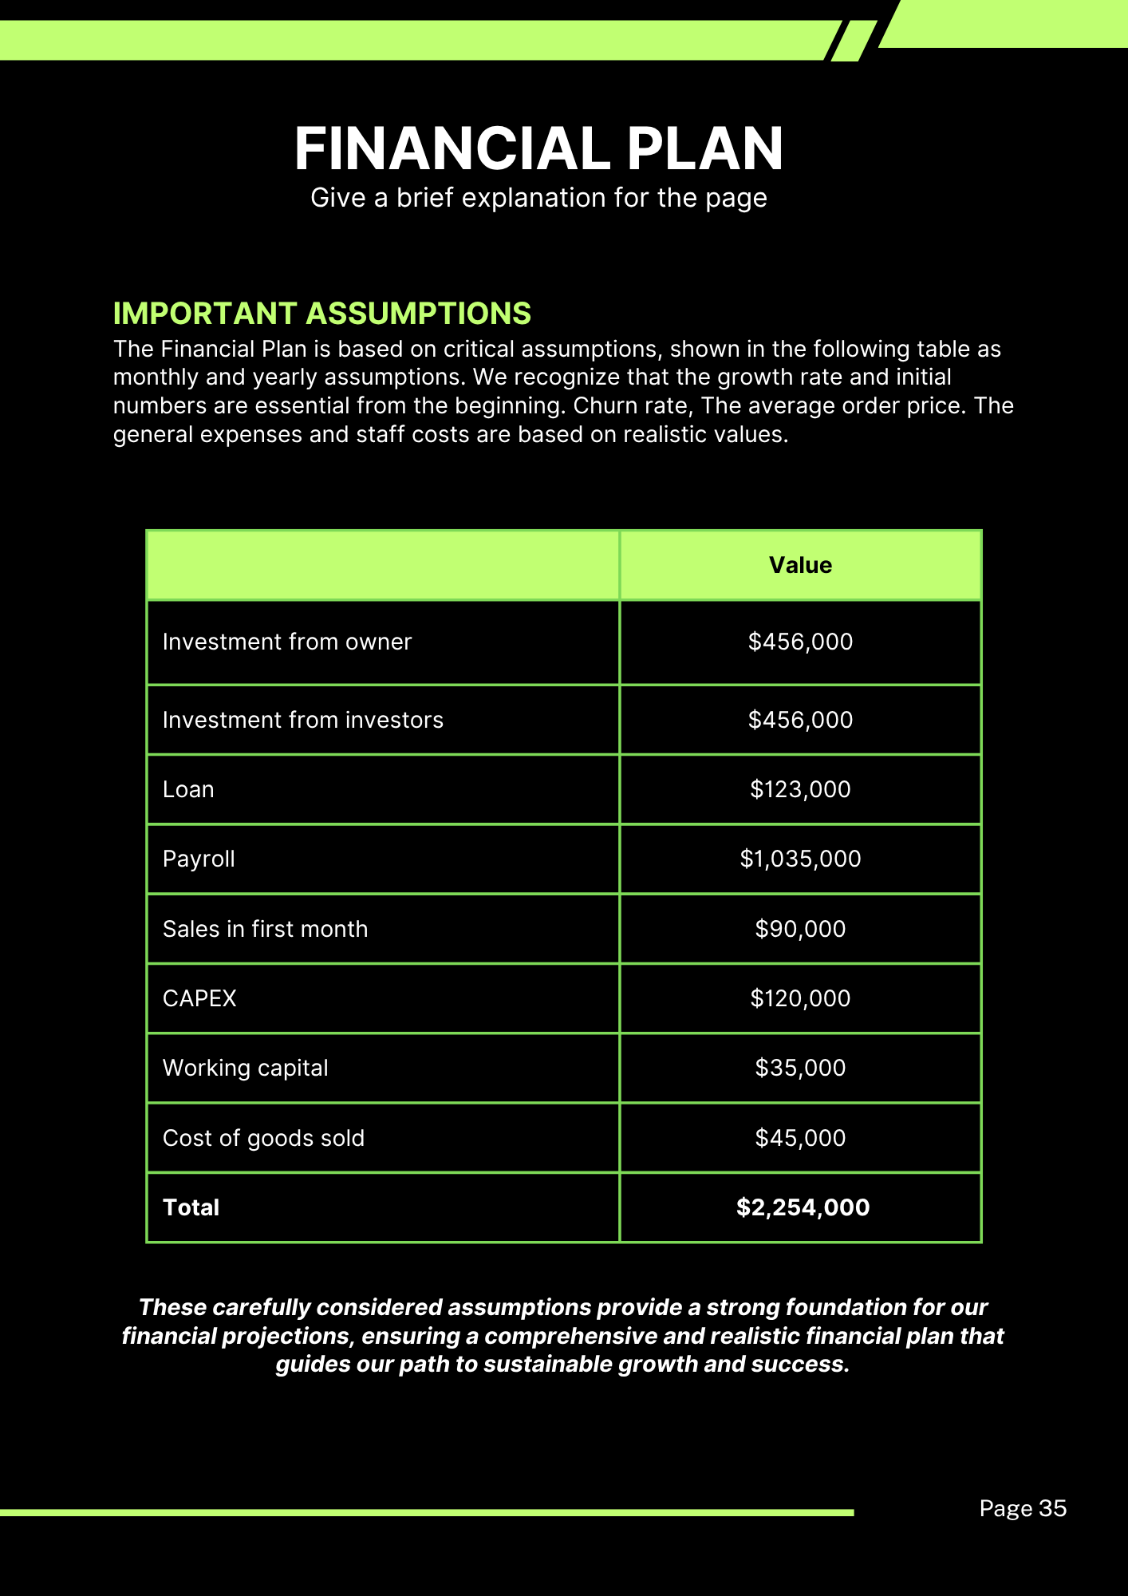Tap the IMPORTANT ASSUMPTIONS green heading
pyautogui.click(x=321, y=314)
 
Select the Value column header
pyautogui.click(x=800, y=565)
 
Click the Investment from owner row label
pyautogui.click(x=287, y=642)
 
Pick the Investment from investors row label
pyautogui.click(x=302, y=720)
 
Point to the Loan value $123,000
pyautogui.click(x=800, y=789)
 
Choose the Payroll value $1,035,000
pyautogui.click(x=800, y=859)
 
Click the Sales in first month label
pyautogui.click(x=265, y=929)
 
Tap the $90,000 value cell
pyautogui.click(x=800, y=929)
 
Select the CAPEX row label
pyautogui.click(x=199, y=998)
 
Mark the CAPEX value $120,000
pyautogui.click(x=800, y=998)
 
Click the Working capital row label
pyautogui.click(x=245, y=1068)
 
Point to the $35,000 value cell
pyautogui.click(x=800, y=1068)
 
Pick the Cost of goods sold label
pyautogui.click(x=263, y=1138)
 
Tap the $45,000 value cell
pyautogui.click(x=800, y=1138)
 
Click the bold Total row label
pyautogui.click(x=191, y=1207)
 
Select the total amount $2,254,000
pyautogui.click(x=803, y=1207)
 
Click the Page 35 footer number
pyautogui.click(x=1023, y=1508)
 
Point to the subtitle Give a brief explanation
pyautogui.click(x=538, y=198)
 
